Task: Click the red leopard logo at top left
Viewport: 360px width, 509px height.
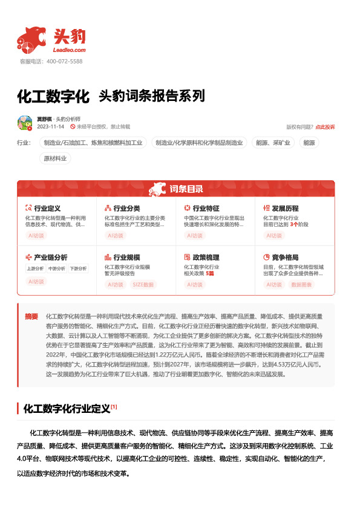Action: pos(31,39)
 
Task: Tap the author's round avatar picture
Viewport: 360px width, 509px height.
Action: pos(25,123)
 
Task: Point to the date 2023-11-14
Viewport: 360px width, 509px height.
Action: pos(50,127)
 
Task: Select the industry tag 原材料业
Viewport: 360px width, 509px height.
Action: pos(56,158)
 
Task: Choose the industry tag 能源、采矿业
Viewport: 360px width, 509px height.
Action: pos(273,143)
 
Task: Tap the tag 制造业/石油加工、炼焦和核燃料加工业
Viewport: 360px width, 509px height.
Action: pos(93,143)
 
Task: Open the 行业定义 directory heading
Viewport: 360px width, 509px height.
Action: pos(47,208)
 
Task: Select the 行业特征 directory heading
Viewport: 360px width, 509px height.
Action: pos(206,208)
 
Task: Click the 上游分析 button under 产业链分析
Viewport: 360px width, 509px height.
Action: pos(35,268)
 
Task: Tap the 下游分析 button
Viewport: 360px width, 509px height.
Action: pos(77,268)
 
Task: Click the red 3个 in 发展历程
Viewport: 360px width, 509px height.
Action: pos(293,224)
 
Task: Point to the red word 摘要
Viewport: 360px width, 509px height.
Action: pos(31,316)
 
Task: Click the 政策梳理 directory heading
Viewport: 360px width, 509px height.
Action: pos(206,257)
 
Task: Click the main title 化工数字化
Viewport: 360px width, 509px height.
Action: pos(53,96)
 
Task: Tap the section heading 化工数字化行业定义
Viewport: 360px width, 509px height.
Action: pos(67,409)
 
